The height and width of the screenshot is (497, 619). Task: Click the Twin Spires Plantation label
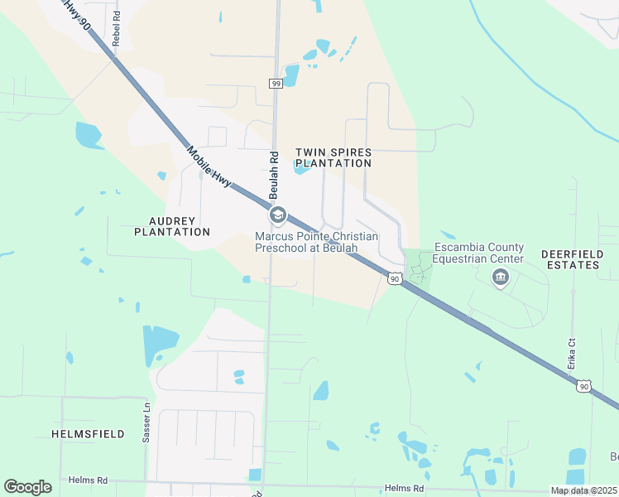click(x=333, y=158)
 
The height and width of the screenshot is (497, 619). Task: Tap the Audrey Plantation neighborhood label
click(x=172, y=226)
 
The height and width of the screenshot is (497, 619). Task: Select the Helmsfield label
click(x=88, y=433)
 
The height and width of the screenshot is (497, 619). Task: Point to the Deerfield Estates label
click(x=569, y=258)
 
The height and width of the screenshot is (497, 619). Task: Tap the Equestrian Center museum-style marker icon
click(x=500, y=277)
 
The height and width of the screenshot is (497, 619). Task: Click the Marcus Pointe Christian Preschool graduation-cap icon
click(x=277, y=216)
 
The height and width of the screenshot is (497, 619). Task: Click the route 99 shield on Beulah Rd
click(x=276, y=83)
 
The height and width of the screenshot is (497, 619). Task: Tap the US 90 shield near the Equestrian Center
click(x=394, y=279)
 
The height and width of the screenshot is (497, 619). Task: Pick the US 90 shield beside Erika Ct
click(x=584, y=386)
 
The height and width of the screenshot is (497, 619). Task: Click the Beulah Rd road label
click(x=271, y=175)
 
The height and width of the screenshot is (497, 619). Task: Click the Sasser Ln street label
click(x=146, y=422)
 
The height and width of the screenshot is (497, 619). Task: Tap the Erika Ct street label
click(x=571, y=354)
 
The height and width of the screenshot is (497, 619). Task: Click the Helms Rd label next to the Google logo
click(x=88, y=480)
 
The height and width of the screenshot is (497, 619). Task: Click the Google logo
click(x=27, y=487)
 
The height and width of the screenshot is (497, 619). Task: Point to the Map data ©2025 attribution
click(x=584, y=490)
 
